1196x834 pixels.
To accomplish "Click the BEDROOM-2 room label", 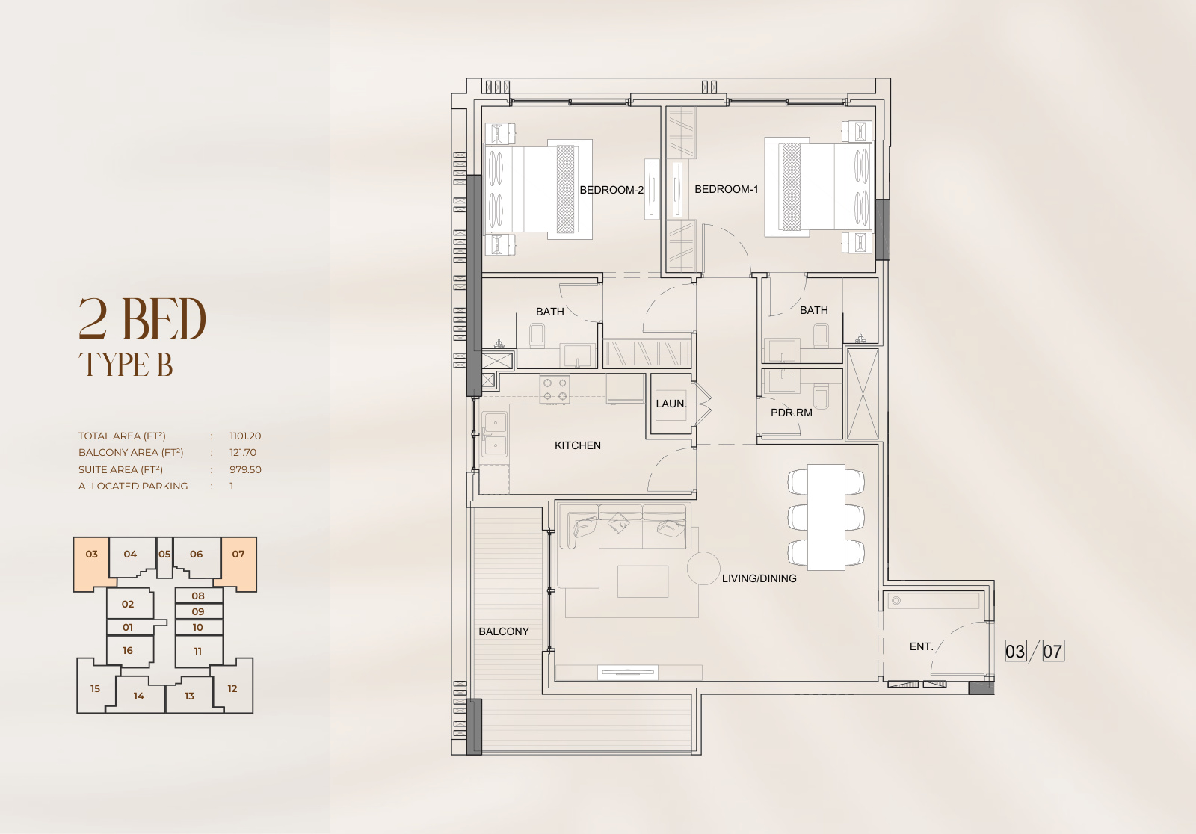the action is pyautogui.click(x=611, y=190).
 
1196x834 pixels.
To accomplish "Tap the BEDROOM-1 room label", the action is pyautogui.click(x=726, y=189).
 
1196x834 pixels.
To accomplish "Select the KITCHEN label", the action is pyautogui.click(x=578, y=445).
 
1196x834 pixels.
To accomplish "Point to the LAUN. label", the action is pyautogui.click(x=671, y=404).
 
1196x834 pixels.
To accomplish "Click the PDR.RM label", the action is pyautogui.click(x=792, y=413).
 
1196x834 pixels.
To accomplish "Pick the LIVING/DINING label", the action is pyautogui.click(x=759, y=578).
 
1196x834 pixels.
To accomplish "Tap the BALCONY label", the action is pyautogui.click(x=504, y=631).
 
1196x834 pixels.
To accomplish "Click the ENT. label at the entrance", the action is pyautogui.click(x=922, y=646).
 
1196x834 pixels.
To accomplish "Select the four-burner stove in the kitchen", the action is pyautogui.click(x=554, y=389).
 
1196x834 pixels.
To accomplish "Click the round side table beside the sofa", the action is pyautogui.click(x=703, y=568).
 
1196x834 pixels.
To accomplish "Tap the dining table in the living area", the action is pyautogui.click(x=826, y=517).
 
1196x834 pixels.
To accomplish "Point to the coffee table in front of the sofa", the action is pyautogui.click(x=643, y=581).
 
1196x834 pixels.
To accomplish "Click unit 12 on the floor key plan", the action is pyautogui.click(x=232, y=688).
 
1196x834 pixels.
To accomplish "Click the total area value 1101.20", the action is pyautogui.click(x=245, y=436).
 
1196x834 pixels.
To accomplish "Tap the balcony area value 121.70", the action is pyautogui.click(x=243, y=452).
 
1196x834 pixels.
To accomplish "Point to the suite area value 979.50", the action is pyautogui.click(x=246, y=469).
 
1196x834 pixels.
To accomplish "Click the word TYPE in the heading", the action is pyautogui.click(x=114, y=365).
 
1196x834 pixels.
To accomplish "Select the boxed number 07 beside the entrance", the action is pyautogui.click(x=1052, y=652).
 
